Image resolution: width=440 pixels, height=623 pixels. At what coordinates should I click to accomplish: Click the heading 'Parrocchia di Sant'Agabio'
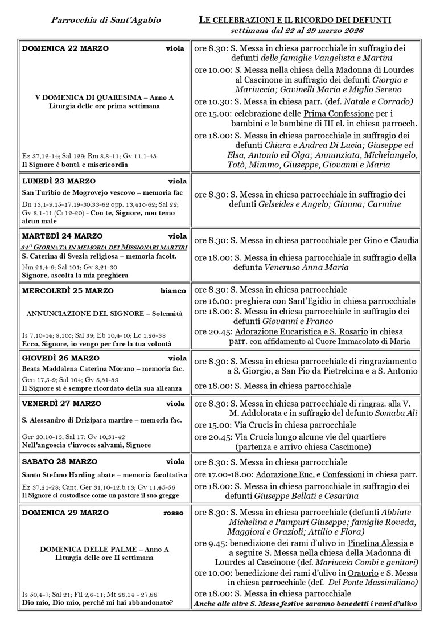106,21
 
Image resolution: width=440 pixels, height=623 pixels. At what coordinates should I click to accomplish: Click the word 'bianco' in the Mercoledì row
173,291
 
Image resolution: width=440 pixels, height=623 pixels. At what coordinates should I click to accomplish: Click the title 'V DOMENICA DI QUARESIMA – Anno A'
104,97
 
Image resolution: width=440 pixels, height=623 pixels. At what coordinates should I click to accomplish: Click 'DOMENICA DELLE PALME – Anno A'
104,550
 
